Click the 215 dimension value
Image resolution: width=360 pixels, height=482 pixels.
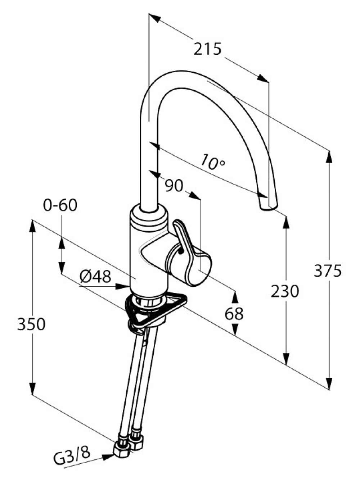click(207, 49)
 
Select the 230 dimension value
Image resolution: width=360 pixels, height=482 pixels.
click(285, 291)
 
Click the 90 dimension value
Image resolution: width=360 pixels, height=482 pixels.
click(174, 186)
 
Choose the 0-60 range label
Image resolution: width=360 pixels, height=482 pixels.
click(60, 205)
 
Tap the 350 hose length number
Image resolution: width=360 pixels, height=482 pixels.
click(31, 324)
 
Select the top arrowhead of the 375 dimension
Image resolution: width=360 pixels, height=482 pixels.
click(329, 157)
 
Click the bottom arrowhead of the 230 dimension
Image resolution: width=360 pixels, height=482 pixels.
click(286, 359)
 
